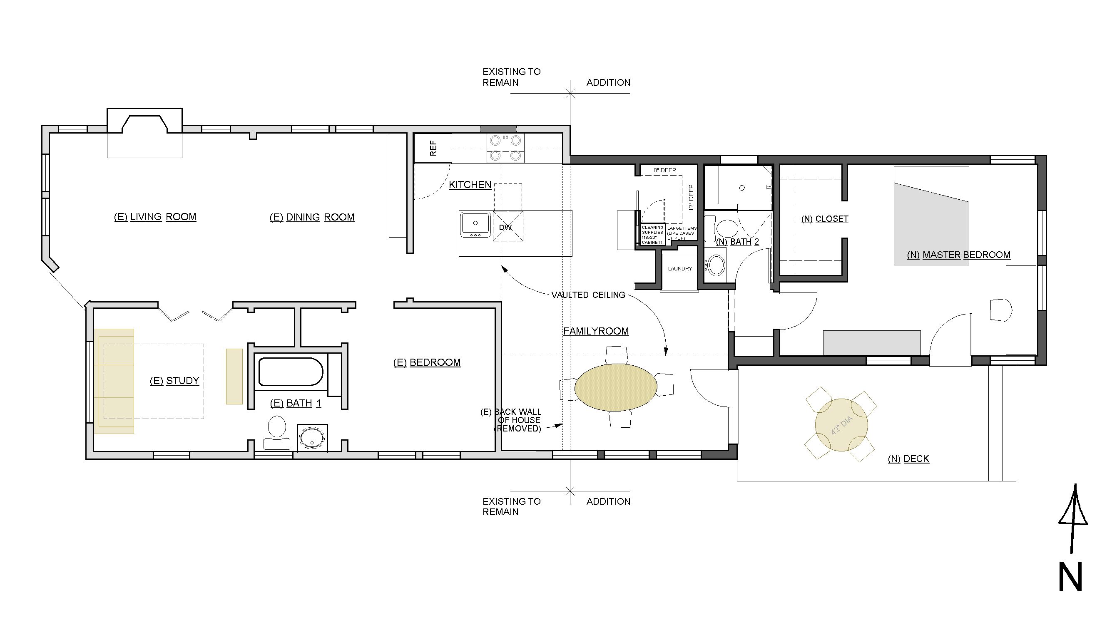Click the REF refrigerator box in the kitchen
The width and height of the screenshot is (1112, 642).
point(433,148)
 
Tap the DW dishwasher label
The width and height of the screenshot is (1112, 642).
point(505,228)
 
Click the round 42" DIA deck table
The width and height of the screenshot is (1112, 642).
point(841,425)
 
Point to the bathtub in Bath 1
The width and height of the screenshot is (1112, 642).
point(291,371)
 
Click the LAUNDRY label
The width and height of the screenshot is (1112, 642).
point(680,268)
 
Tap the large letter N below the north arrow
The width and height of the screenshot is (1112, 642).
point(1070,576)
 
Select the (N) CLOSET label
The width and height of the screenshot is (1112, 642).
point(824,219)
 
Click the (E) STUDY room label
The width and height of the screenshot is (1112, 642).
point(175,381)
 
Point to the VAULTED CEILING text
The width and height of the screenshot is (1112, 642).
point(588,295)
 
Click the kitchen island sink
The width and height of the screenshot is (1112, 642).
point(475,224)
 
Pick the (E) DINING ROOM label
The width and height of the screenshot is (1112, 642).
point(312,217)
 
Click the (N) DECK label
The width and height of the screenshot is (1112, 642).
point(908,459)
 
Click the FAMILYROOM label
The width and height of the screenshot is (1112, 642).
point(596,331)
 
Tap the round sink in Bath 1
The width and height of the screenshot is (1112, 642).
point(312,438)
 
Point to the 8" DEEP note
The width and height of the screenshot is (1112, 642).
point(665,170)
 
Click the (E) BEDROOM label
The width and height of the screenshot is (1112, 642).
point(427,362)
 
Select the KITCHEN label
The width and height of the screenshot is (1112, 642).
point(470,185)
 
